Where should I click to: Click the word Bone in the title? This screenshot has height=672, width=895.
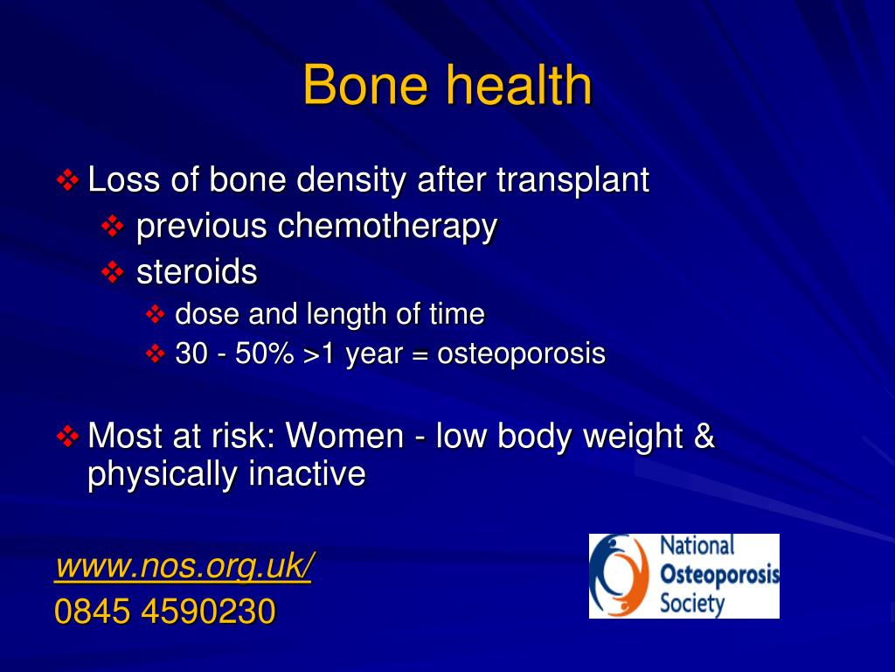point(365,85)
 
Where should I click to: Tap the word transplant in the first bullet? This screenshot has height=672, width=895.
point(572,180)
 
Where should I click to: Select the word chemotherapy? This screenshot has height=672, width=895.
point(387,227)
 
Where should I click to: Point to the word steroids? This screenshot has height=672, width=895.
point(197,271)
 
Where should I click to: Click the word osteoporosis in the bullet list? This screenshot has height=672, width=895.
point(521,353)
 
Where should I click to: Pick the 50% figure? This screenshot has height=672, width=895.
point(264,353)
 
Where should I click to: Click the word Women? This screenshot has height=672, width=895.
point(344,436)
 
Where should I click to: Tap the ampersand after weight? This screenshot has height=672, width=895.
point(704,436)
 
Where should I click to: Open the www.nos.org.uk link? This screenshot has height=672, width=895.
point(184,566)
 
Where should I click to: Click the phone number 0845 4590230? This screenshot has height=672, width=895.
point(165,611)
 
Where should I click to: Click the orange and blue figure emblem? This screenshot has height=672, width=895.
point(619,575)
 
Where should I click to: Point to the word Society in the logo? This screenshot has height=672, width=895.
point(692,604)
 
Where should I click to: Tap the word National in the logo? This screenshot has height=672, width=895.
point(697,545)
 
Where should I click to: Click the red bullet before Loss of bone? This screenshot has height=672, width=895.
point(67,180)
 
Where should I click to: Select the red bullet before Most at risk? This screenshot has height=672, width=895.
point(67,437)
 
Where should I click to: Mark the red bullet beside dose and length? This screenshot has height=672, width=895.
point(155,314)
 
